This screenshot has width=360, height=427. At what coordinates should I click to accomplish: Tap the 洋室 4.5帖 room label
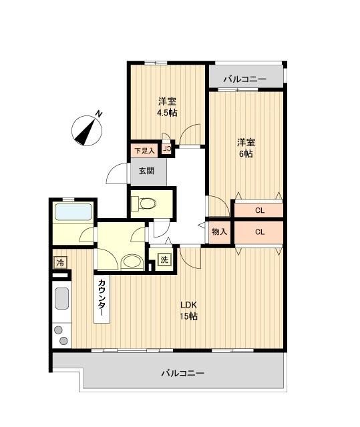pos(167,107)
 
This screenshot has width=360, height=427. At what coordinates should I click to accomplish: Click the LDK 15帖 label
pos(188,311)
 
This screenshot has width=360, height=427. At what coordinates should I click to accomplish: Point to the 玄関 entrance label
pos(146,170)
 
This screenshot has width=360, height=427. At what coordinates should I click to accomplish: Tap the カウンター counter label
pos(102,298)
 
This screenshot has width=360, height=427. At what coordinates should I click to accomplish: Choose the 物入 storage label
pos(219,232)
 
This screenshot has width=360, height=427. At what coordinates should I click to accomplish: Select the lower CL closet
pos(258,232)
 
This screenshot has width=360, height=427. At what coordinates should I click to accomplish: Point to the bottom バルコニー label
pos(182,373)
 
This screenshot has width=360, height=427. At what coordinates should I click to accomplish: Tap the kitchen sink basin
pos(61,298)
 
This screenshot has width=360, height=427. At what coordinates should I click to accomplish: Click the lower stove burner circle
pos(63,341)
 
